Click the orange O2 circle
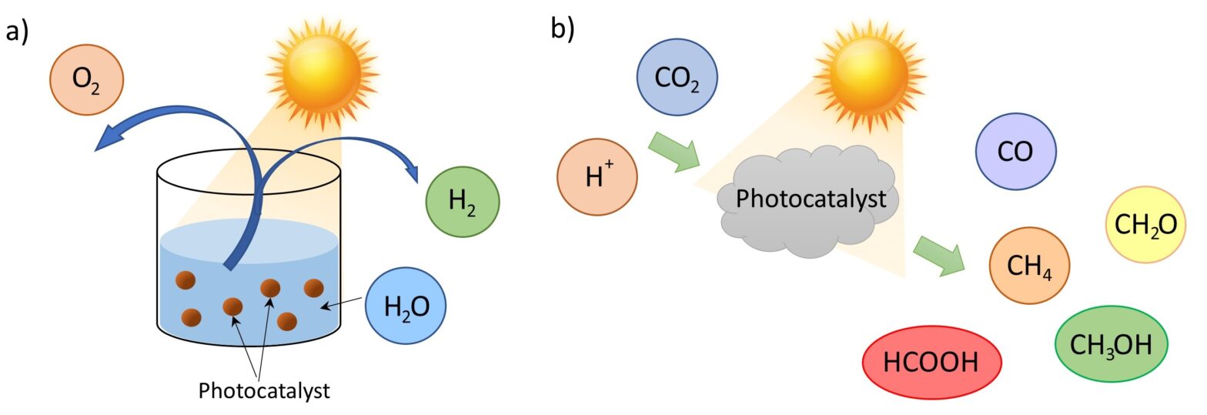pos(86,79)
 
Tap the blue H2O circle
pos(406,306)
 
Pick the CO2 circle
pos(677,79)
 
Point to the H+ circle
pos(597,178)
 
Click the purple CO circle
pos(1015,151)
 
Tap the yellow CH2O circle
pos(1145,225)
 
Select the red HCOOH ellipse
pos(931,362)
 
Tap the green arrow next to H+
pos(673,150)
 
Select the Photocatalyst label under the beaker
pos(264,390)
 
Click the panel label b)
pos(562,29)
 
